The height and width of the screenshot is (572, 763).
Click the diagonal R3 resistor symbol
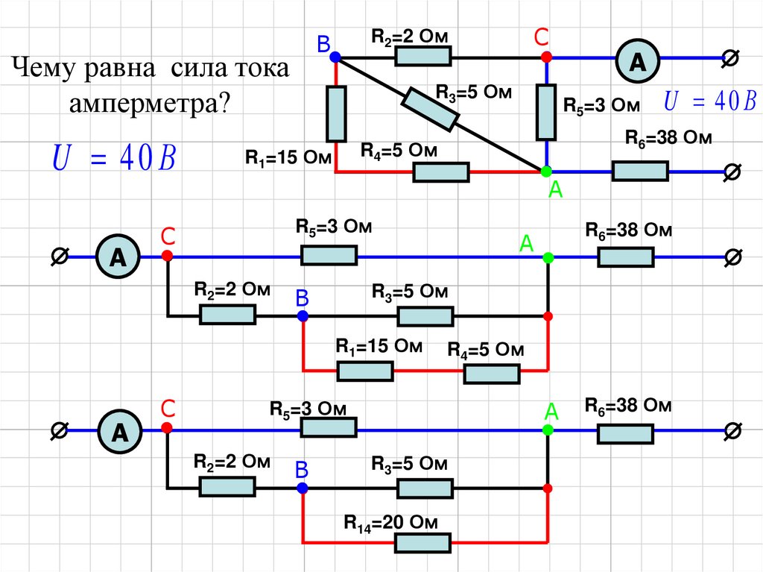[431, 109]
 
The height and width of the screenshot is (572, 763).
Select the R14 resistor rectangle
[422, 543]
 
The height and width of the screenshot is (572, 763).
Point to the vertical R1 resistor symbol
[336, 113]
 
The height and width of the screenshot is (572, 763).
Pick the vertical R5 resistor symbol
[546, 112]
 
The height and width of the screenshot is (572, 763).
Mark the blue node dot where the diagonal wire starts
[335, 56]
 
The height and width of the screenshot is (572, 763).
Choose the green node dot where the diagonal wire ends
[546, 172]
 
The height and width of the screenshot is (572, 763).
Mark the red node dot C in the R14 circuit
[167, 429]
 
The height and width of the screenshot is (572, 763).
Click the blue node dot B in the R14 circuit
[302, 488]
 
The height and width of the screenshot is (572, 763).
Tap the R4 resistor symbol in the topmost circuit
[441, 172]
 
